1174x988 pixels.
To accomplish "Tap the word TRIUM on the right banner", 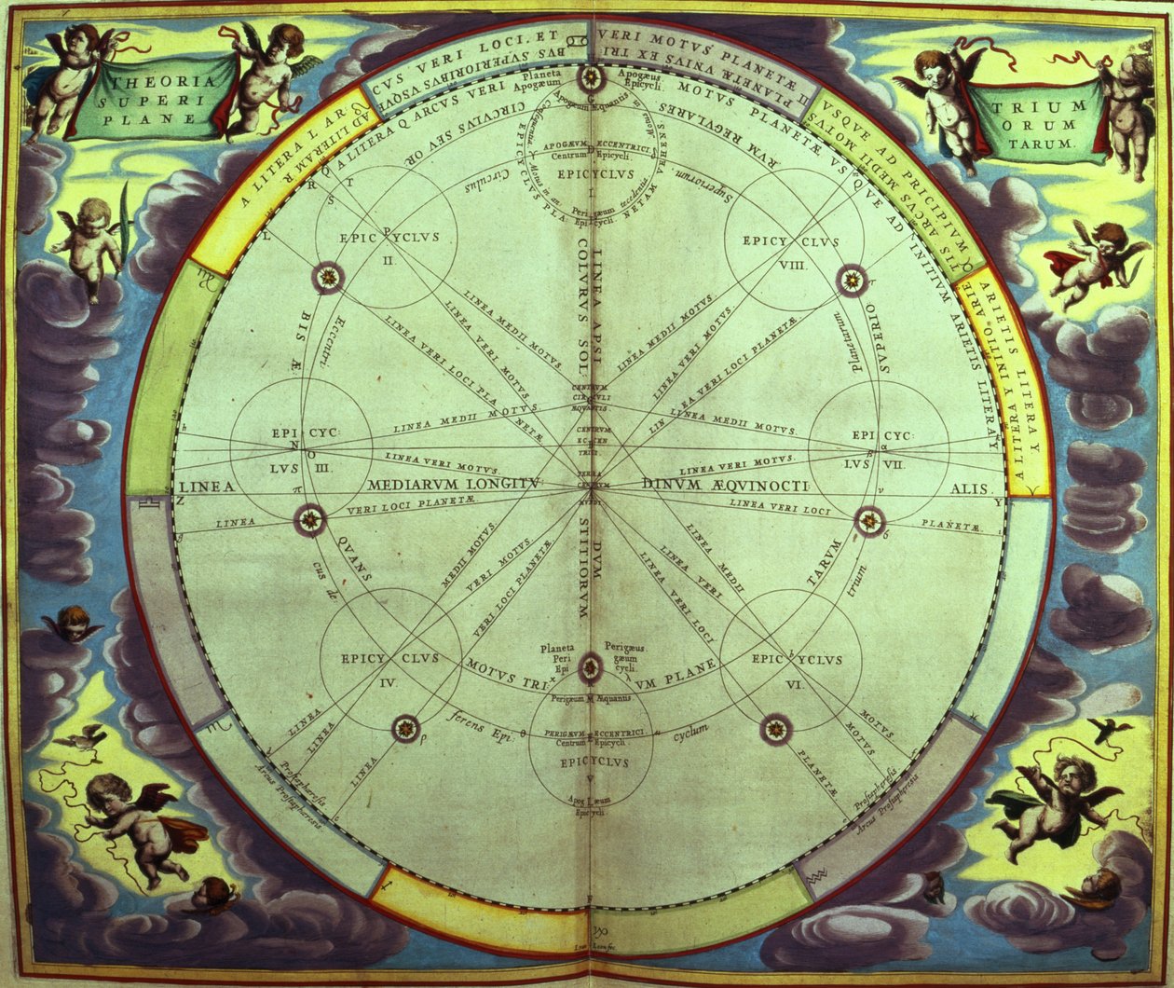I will (x=1025, y=108).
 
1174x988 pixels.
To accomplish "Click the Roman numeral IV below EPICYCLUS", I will (x=389, y=682).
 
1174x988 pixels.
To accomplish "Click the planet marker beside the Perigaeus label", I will (x=590, y=666).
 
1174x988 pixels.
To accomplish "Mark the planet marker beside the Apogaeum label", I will (x=591, y=78).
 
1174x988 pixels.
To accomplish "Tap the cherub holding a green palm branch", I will (x=91, y=245).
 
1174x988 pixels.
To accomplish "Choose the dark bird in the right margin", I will (x=1112, y=730).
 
